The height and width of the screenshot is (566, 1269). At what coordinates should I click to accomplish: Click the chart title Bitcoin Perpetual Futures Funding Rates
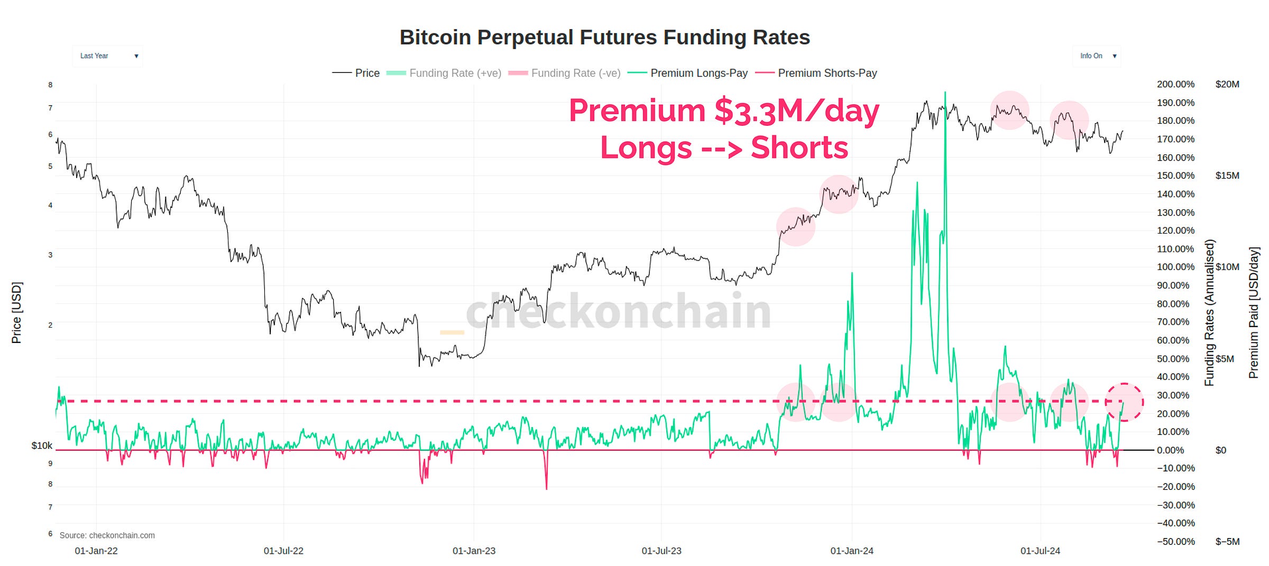click(604, 38)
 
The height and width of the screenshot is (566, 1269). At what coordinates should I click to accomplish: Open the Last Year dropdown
click(108, 56)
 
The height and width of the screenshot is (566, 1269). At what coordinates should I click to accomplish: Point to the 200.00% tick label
click(1175, 85)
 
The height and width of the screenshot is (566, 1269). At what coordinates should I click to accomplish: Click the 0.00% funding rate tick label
click(1170, 450)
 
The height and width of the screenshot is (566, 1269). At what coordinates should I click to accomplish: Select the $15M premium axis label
click(1227, 175)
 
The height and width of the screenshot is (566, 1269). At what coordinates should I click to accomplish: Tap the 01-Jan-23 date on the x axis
click(474, 551)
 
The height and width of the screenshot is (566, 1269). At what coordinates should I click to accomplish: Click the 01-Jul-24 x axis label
click(1040, 551)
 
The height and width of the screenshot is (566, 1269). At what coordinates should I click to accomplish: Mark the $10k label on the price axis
click(42, 446)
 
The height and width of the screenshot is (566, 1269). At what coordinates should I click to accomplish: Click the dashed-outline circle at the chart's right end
click(1124, 402)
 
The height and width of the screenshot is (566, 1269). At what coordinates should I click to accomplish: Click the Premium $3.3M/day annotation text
click(724, 111)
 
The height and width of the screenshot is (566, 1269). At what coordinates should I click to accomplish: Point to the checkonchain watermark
click(618, 312)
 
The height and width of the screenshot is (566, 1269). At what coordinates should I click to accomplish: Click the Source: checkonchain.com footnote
click(107, 535)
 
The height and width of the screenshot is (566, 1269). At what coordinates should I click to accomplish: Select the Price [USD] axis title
click(16, 313)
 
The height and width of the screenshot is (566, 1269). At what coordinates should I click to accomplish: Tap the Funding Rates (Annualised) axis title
click(1209, 313)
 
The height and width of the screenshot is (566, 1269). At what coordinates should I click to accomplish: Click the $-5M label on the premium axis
click(1227, 542)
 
